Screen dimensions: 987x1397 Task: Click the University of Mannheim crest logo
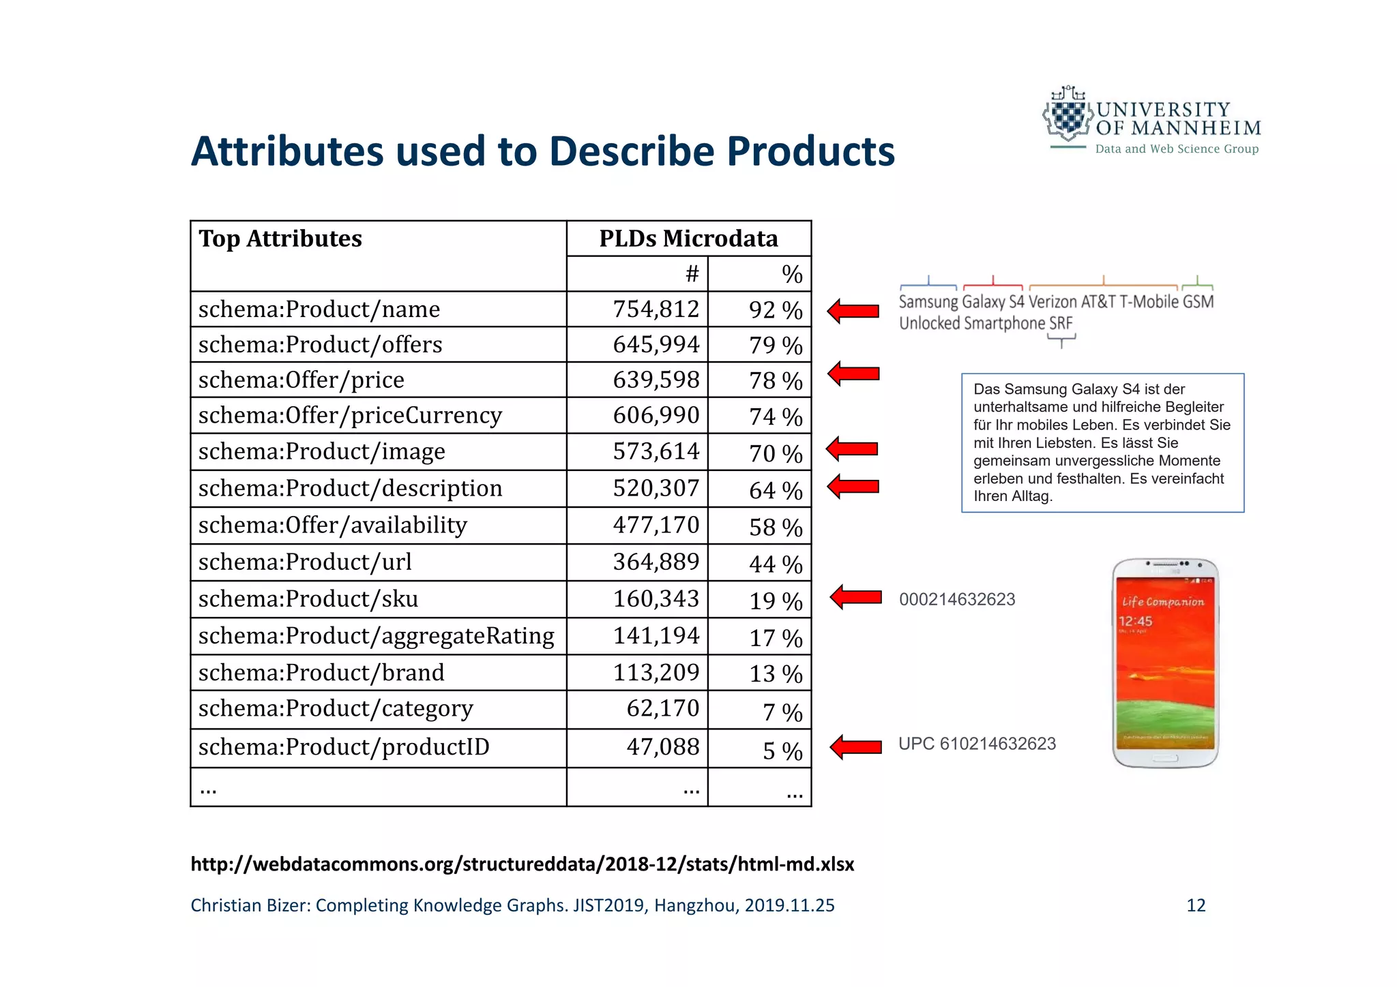(1068, 116)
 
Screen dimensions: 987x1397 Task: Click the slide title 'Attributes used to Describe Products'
(542, 151)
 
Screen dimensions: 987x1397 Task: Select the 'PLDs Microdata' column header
(688, 239)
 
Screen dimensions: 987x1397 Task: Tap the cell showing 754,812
(656, 309)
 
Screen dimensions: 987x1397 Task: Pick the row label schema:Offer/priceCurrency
(350, 415)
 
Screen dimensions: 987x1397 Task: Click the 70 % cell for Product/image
(776, 453)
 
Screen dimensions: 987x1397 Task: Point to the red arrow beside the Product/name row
(853, 311)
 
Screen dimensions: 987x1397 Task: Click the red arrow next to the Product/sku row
(856, 597)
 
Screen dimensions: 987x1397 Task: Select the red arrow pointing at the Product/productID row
(856, 746)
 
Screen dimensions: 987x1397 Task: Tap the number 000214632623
(957, 599)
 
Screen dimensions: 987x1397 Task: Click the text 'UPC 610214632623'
(977, 744)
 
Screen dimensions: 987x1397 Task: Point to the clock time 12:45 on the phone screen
(1135, 621)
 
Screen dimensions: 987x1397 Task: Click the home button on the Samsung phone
(1165, 758)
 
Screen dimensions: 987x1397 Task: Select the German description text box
(1102, 442)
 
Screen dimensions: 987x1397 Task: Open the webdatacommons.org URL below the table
(522, 864)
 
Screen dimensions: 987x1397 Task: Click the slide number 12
(1196, 905)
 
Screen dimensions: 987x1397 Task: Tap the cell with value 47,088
(662, 747)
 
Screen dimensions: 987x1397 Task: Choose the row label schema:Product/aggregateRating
(376, 636)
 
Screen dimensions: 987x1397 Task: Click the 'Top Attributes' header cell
(280, 239)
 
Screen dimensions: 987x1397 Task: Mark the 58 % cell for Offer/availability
(776, 527)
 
